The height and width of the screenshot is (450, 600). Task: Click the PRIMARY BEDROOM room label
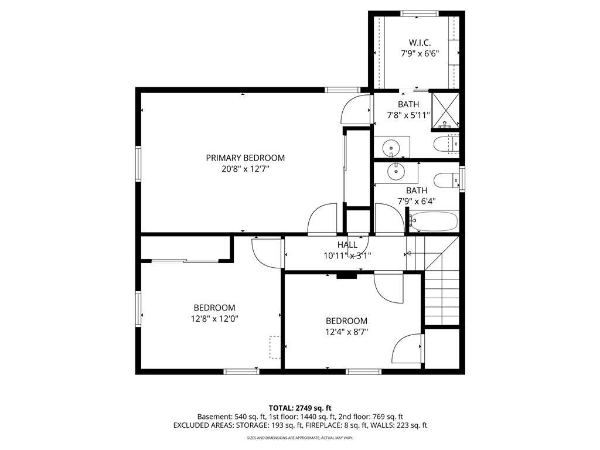245,158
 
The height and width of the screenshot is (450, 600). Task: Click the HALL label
347,245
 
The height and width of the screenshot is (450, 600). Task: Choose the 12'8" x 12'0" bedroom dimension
214,319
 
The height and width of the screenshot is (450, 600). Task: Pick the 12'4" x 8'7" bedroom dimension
346,332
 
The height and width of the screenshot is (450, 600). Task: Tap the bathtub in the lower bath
434,221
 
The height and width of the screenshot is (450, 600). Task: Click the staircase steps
442,299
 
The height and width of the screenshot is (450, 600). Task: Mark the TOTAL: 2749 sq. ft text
300,408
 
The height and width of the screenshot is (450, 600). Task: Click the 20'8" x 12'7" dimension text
245,169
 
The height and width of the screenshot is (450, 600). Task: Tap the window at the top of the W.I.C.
419,13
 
